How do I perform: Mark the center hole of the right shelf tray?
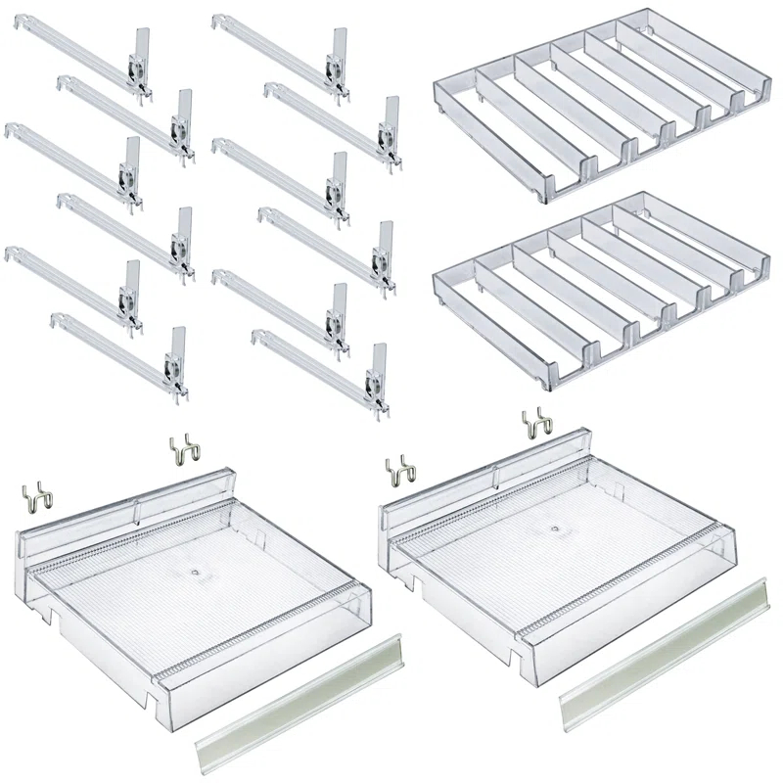(x=555, y=529)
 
